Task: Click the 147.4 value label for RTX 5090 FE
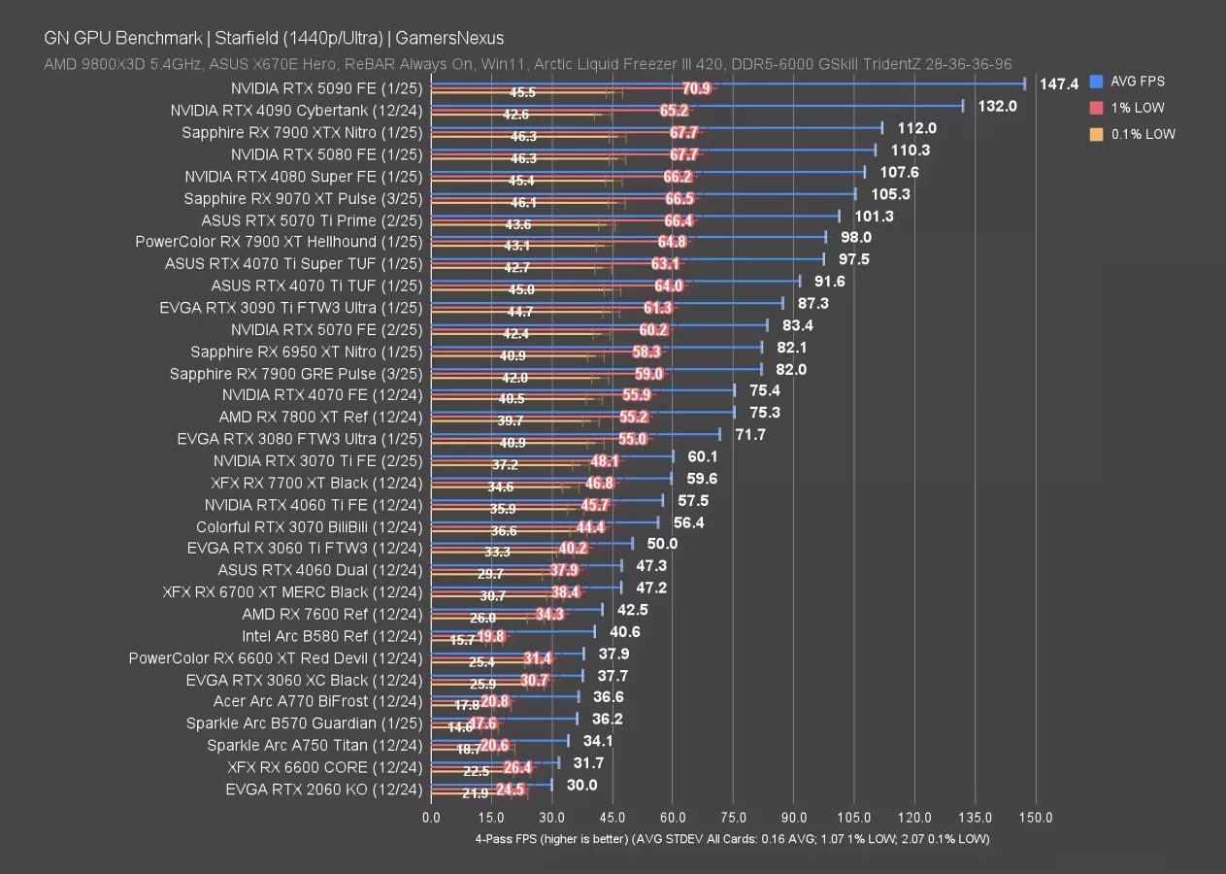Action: click(x=1059, y=84)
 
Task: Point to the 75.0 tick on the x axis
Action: click(x=733, y=818)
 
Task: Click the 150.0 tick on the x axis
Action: click(x=1036, y=818)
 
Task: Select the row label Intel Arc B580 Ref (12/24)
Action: click(x=332, y=636)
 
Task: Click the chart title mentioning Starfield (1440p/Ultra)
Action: click(x=273, y=38)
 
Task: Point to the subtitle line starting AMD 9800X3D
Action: click(x=527, y=64)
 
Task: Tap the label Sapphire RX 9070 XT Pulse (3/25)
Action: click(x=303, y=198)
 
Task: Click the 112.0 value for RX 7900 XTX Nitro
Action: click(x=916, y=128)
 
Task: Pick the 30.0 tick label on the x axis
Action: click(x=551, y=818)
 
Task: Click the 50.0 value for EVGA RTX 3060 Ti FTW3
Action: click(x=662, y=544)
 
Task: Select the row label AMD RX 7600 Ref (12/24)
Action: click(x=332, y=614)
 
